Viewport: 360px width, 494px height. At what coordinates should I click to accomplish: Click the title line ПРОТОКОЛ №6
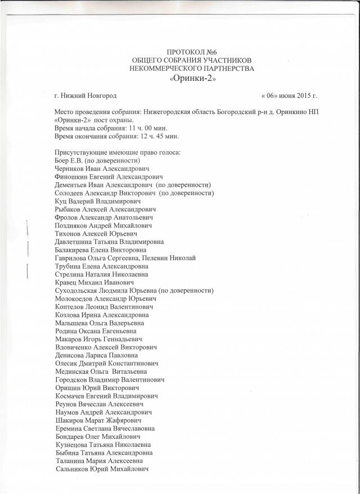coord(192,51)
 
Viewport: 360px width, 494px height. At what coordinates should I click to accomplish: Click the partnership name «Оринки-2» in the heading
coord(192,78)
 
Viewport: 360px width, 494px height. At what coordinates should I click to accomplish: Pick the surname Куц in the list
coord(61,201)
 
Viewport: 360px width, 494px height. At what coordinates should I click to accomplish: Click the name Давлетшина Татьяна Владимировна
coord(109,242)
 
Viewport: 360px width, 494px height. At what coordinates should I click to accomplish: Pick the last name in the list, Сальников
coord(75,469)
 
